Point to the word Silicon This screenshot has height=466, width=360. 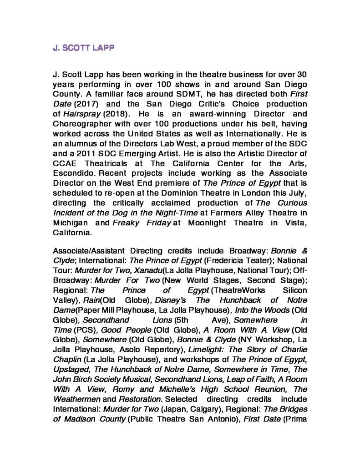coord(294,290)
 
